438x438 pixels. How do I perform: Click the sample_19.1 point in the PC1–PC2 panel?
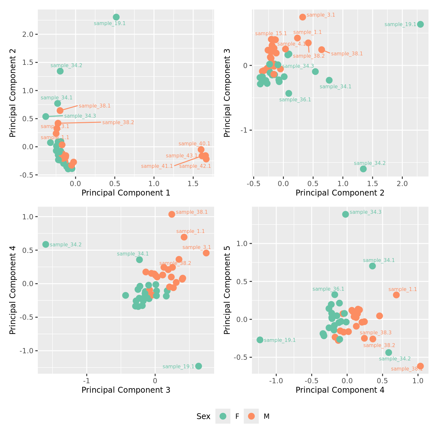pyautogui.click(x=116, y=17)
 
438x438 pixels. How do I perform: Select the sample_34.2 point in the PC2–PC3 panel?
pyautogui.click(x=363, y=169)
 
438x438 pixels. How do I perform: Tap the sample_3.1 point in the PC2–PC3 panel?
pyautogui.click(x=302, y=17)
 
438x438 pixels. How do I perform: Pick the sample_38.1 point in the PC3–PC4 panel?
pyautogui.click(x=172, y=214)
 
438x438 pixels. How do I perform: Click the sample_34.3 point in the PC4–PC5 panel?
pyautogui.click(x=345, y=214)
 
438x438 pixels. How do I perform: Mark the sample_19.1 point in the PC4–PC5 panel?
pyautogui.click(x=260, y=340)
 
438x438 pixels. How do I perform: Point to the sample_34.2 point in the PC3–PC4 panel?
pyautogui.click(x=46, y=244)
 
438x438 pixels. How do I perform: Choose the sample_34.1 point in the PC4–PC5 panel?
pyautogui.click(x=372, y=266)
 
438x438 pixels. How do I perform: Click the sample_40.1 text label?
pyautogui.click(x=194, y=144)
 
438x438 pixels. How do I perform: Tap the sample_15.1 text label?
pyautogui.click(x=271, y=34)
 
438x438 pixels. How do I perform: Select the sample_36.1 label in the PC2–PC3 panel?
pyautogui.click(x=295, y=100)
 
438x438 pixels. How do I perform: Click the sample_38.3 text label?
pyautogui.click(x=375, y=333)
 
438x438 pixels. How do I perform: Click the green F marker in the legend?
pyautogui.click(x=223, y=416)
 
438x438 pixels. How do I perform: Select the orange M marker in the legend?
pyautogui.click(x=251, y=416)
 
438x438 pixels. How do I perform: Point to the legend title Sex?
pyautogui.click(x=203, y=416)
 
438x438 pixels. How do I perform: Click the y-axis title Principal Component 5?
pyautogui.click(x=227, y=290)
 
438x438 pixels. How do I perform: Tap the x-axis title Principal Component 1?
pyautogui.click(x=126, y=193)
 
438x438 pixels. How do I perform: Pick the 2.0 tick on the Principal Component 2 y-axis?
pyautogui.click(x=29, y=34)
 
